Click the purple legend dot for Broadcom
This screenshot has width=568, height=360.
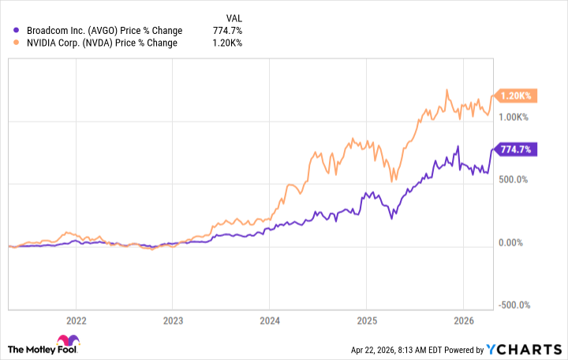17,31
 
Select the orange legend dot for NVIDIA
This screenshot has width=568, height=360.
17,43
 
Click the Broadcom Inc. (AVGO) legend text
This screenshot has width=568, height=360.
103,31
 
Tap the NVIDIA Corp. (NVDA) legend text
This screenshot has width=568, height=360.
101,43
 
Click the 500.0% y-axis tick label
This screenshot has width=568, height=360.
514,180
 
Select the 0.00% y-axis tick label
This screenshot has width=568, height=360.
515,243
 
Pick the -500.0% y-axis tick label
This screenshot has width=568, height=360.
513,306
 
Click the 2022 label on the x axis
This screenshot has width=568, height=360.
76,321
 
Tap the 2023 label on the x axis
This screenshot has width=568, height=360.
173,321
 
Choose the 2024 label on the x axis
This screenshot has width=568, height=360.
269,321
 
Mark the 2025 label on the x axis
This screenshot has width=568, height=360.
366,321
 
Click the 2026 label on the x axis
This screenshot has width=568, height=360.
462,321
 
